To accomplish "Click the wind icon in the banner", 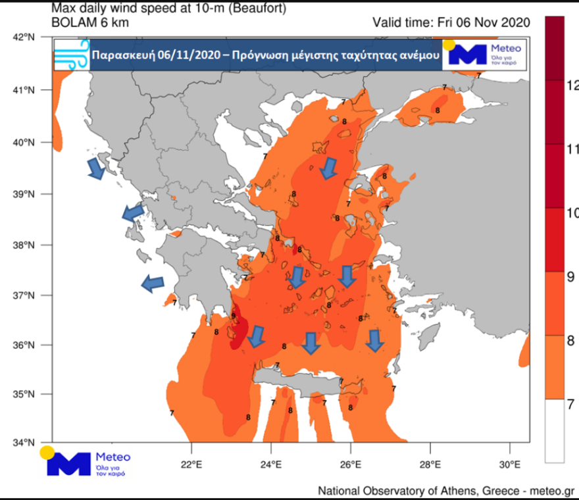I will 71,55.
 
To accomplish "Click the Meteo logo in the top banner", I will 483,54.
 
